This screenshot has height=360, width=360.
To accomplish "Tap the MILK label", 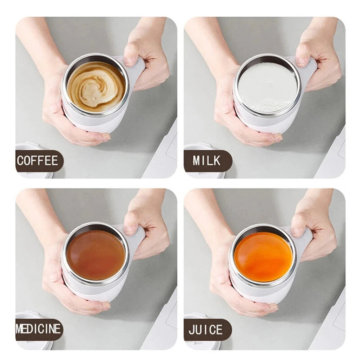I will (x=207, y=161).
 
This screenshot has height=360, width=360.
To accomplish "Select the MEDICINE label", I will (x=39, y=329).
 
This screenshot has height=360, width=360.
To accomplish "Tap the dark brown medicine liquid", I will (x=95, y=255).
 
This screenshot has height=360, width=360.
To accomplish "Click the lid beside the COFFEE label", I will (x=27, y=148).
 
